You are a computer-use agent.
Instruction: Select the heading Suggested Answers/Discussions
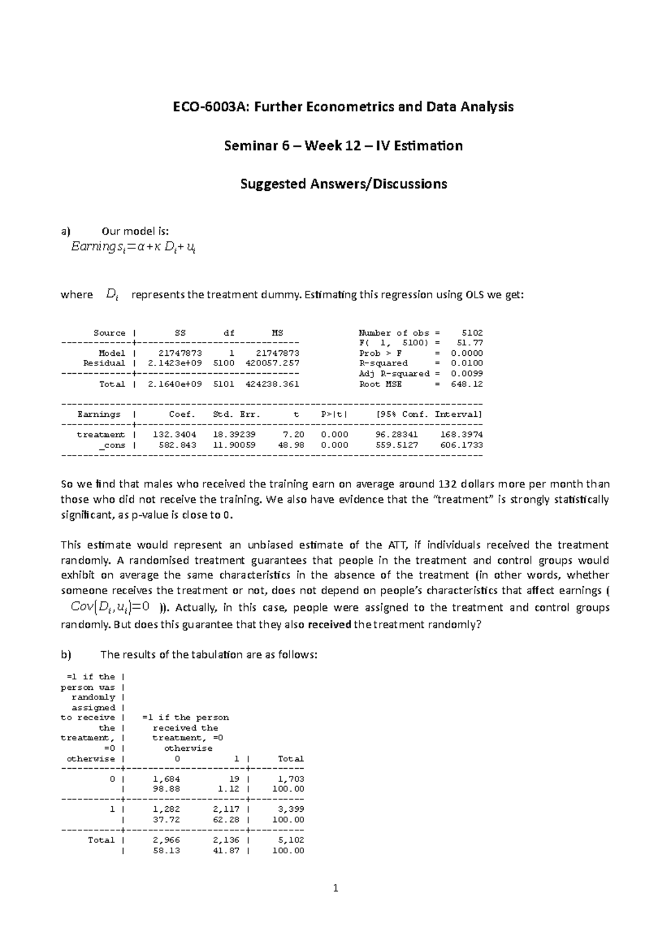(343, 184)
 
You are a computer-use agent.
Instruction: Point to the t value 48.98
(291, 445)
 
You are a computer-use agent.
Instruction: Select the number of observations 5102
(472, 333)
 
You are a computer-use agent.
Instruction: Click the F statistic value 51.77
(472, 343)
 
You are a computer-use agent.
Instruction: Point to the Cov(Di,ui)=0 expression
(111, 607)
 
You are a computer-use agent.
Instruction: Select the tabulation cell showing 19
(234, 779)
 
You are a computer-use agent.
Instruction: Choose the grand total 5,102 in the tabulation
(291, 840)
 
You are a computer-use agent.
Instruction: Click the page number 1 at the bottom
(335, 888)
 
